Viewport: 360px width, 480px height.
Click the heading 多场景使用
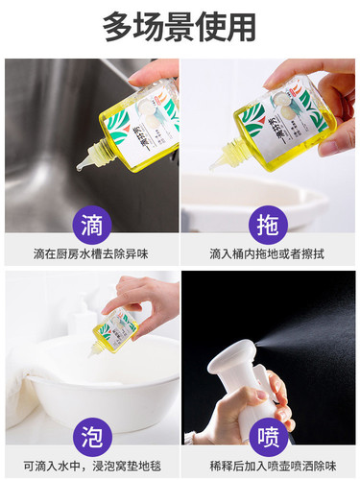[x=180, y=27]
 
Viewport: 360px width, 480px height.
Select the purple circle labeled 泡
[x=90, y=437]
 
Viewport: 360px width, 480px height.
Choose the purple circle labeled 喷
[x=269, y=437]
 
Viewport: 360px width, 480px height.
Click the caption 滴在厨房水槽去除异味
[x=90, y=253]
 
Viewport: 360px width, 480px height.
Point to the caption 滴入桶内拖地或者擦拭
[x=269, y=253]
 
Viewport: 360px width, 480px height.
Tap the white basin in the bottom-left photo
[x=106, y=384]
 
